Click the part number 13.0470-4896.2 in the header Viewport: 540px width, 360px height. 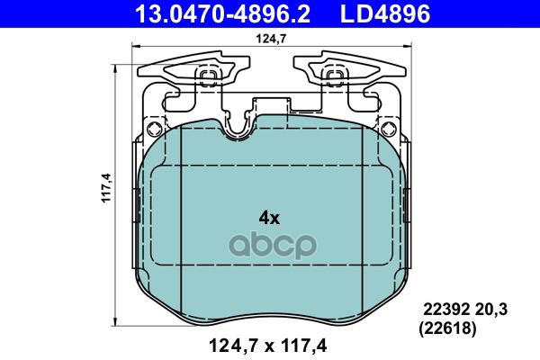223,13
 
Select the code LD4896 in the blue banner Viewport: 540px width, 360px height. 385,13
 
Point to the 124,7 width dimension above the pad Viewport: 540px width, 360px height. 271,39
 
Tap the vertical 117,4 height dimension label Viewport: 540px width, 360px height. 106,188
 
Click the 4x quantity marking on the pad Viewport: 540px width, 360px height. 269,218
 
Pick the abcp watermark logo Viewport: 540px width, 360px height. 273,245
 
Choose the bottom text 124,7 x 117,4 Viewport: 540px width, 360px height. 268,346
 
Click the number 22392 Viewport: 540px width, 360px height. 446,310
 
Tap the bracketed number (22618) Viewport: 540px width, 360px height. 447,328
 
